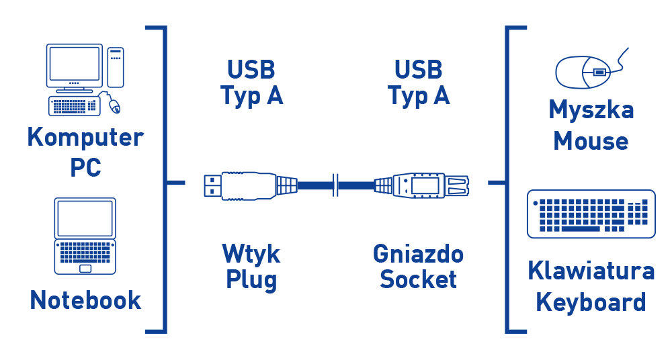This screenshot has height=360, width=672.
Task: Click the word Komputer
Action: point(85,138)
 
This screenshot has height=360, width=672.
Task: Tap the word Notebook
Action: point(85,300)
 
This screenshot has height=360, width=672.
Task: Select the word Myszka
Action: point(591,109)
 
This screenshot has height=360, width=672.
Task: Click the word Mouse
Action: point(591,142)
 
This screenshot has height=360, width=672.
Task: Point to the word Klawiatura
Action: point(591,271)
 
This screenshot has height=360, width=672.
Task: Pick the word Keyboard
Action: point(591,302)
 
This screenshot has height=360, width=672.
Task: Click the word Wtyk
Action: point(251,254)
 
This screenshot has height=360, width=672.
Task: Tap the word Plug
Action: point(251,280)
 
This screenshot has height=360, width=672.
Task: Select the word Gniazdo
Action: point(418,254)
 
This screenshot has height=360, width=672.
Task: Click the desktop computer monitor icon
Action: point(74,66)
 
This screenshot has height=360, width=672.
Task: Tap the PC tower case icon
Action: point(116,66)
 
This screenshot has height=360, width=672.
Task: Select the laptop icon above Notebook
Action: point(85,236)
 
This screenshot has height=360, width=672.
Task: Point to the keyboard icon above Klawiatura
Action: point(591,214)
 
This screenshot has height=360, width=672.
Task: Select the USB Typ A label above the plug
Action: point(252,83)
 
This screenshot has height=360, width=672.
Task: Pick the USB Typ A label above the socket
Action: point(419,83)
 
